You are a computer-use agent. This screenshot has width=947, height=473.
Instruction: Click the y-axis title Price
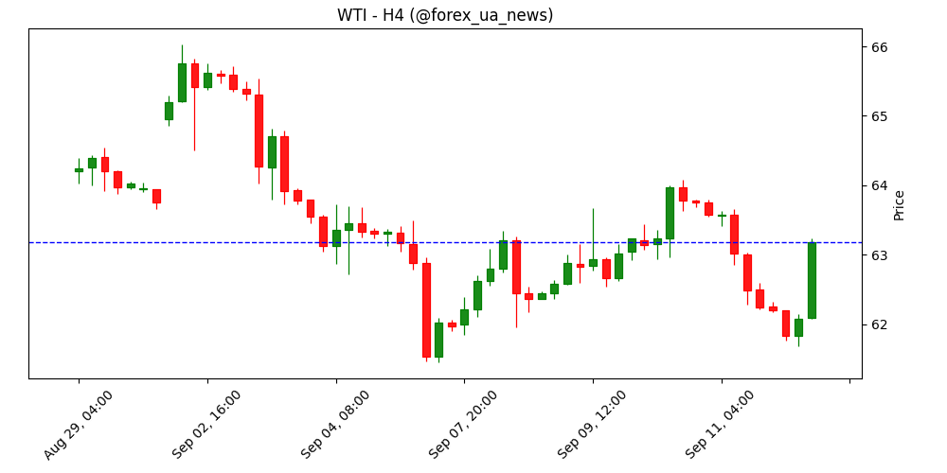click(x=899, y=204)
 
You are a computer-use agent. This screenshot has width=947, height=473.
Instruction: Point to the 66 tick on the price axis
click(x=878, y=47)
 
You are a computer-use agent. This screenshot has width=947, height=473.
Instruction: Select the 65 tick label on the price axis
click(x=878, y=116)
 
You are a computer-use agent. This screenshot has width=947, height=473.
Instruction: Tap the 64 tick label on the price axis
click(x=878, y=185)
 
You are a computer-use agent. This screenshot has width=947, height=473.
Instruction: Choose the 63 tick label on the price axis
click(x=878, y=255)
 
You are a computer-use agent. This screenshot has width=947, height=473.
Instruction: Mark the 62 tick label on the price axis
click(x=878, y=324)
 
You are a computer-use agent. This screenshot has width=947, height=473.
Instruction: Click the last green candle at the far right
click(x=812, y=280)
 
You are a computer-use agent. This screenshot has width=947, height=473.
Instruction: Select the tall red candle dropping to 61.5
click(x=426, y=309)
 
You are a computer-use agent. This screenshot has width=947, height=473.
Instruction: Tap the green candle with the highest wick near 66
click(x=182, y=82)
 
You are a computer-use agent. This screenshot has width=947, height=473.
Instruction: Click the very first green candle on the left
click(x=79, y=170)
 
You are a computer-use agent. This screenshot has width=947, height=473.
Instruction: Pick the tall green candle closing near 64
click(x=670, y=213)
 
